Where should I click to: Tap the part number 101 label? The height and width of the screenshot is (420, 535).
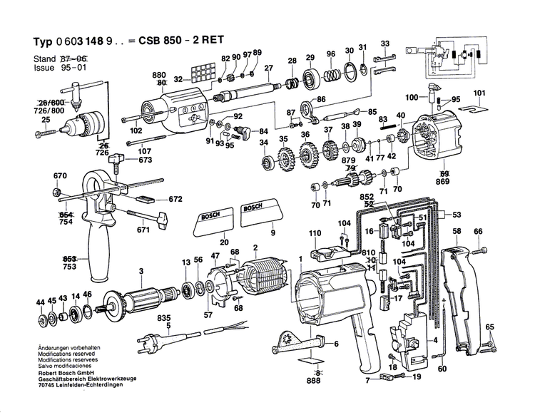(479, 93)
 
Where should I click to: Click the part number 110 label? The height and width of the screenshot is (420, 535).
(315, 234)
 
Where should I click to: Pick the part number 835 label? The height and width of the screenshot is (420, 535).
(165, 317)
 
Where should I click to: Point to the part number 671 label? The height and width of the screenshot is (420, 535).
(143, 230)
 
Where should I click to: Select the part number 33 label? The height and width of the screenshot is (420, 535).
(385, 44)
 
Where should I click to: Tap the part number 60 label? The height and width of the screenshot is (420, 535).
(442, 369)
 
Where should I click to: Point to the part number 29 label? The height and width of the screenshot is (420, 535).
(310, 58)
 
